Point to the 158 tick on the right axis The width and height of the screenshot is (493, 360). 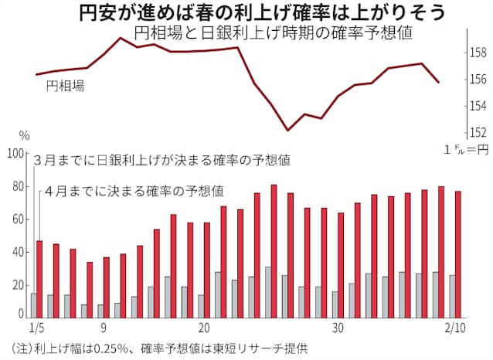tap(478, 53)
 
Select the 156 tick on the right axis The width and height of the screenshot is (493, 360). tap(478, 80)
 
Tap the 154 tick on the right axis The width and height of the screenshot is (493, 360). tap(478, 106)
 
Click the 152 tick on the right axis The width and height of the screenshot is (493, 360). tap(478, 132)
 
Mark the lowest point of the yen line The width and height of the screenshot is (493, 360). tap(287, 130)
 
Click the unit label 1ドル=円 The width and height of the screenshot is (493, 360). tap(467, 148)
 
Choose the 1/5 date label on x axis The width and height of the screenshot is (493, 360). tap(36, 328)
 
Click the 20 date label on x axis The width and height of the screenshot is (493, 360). tap(203, 328)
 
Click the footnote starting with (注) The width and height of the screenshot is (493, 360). tap(155, 348)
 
